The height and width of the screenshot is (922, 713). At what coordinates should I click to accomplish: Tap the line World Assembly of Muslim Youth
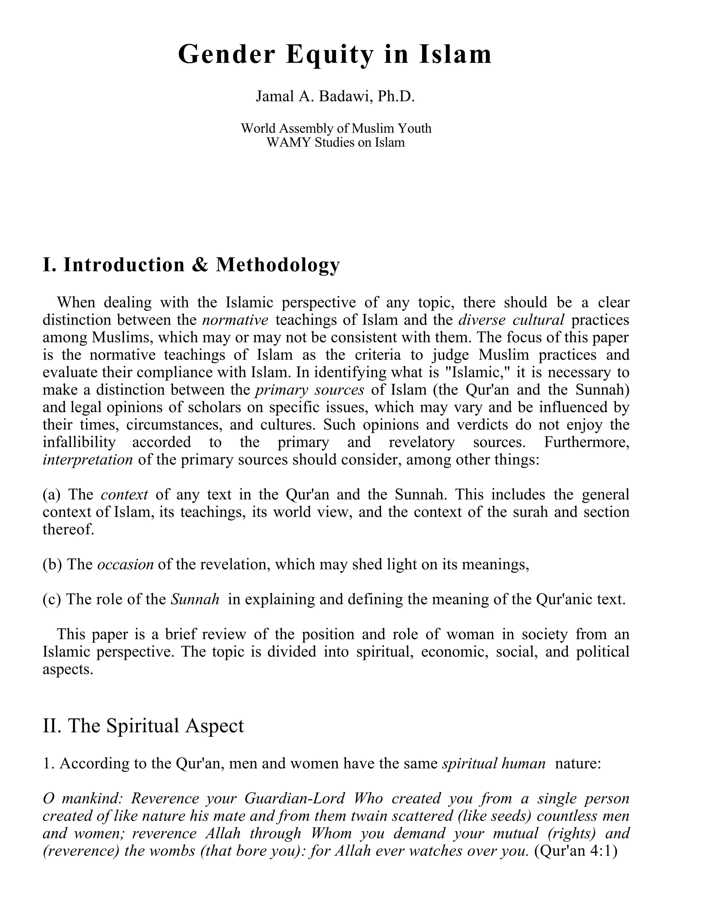coord(336,128)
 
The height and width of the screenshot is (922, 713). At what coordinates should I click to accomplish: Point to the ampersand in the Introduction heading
coord(200,265)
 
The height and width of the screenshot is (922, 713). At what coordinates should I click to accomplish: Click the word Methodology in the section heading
coord(277,265)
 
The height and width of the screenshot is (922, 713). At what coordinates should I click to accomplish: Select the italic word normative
coord(235,320)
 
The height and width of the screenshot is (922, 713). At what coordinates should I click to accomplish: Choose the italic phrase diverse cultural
coord(511,320)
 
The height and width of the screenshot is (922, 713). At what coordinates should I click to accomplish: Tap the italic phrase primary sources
coord(310,390)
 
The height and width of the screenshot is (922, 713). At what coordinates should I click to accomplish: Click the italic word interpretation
coord(88,460)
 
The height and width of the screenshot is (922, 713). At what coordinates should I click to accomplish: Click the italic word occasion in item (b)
coord(125,564)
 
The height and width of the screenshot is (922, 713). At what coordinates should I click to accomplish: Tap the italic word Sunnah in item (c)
coord(195,599)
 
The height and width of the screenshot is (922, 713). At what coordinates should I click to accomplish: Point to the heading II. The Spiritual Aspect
coord(143,726)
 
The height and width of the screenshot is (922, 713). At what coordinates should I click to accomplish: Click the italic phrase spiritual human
coord(493,763)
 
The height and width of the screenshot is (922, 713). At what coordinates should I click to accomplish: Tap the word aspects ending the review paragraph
coord(68,669)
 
